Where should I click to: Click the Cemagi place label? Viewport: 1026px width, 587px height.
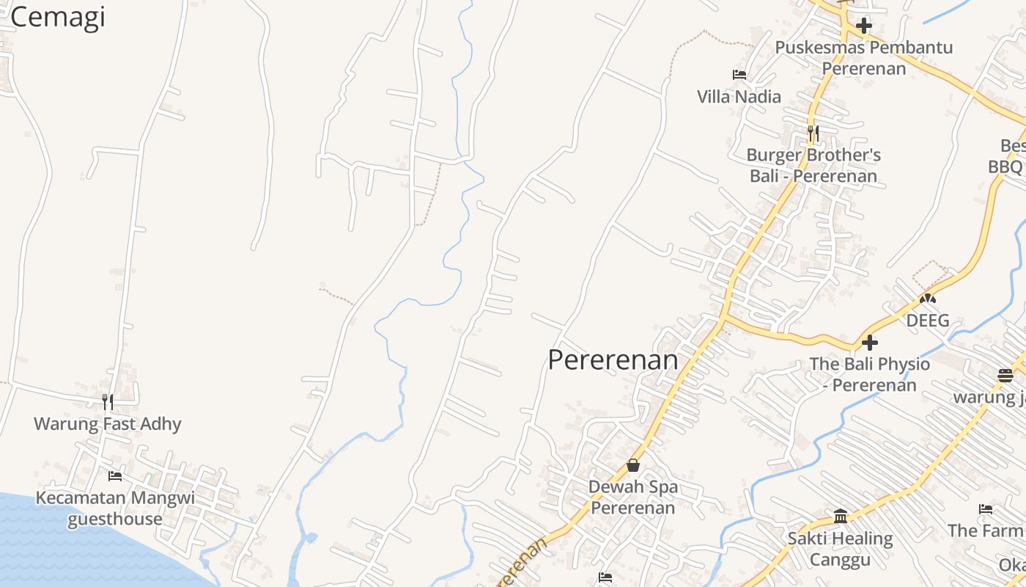click(58, 16)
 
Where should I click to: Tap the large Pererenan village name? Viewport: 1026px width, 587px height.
click(613, 360)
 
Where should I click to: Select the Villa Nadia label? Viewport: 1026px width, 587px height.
click(739, 96)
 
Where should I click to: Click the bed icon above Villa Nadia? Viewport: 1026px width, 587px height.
click(739, 75)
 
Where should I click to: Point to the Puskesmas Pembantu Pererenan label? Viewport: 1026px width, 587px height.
click(864, 58)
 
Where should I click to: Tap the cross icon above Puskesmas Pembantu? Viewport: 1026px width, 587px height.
click(864, 26)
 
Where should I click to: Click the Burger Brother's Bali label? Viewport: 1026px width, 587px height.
click(813, 165)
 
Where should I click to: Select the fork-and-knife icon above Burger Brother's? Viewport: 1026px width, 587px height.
click(813, 134)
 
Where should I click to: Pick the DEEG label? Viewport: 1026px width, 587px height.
click(928, 321)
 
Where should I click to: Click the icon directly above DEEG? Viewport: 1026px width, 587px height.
click(928, 299)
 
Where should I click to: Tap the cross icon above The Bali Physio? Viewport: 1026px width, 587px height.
click(870, 343)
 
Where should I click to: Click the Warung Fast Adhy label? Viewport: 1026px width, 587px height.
click(108, 423)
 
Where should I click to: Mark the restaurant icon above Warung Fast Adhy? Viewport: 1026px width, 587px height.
click(108, 401)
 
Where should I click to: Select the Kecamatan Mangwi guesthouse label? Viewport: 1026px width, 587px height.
click(115, 508)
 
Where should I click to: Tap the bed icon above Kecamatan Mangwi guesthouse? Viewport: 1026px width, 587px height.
click(115, 476)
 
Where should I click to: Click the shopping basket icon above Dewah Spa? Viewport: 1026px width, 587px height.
click(633, 465)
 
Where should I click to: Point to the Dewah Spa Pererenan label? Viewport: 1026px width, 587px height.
click(633, 497)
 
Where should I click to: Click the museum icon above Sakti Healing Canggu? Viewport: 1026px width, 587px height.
click(841, 517)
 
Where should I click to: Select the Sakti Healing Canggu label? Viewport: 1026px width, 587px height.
click(841, 549)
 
